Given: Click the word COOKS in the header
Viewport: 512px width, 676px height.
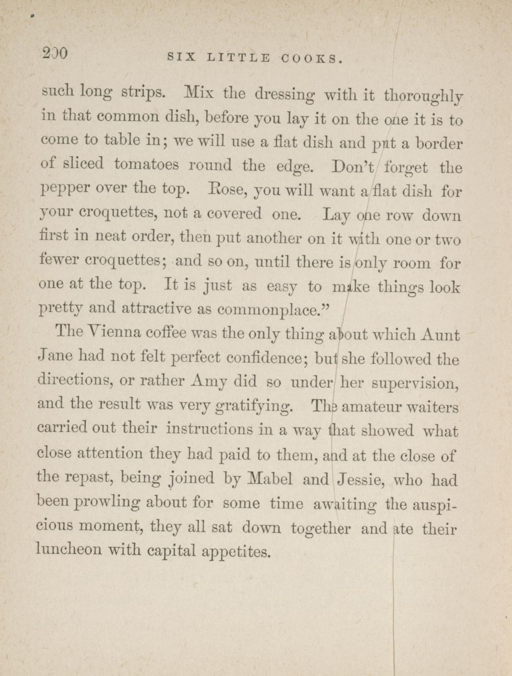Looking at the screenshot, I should (311, 59).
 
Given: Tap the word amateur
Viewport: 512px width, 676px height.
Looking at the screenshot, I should (370, 407).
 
